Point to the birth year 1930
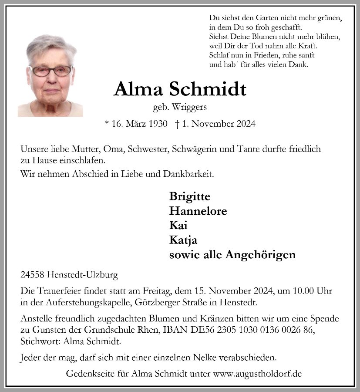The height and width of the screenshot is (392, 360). tap(158, 124)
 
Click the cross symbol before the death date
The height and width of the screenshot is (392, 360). tap(177, 124)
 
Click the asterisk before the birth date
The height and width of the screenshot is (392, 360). tap(107, 123)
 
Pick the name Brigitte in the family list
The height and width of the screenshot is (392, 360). tap(190, 196)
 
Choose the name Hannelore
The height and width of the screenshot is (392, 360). tap(198, 211)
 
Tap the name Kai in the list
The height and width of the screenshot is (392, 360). tap(178, 225)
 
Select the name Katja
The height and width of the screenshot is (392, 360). tap(183, 240)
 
